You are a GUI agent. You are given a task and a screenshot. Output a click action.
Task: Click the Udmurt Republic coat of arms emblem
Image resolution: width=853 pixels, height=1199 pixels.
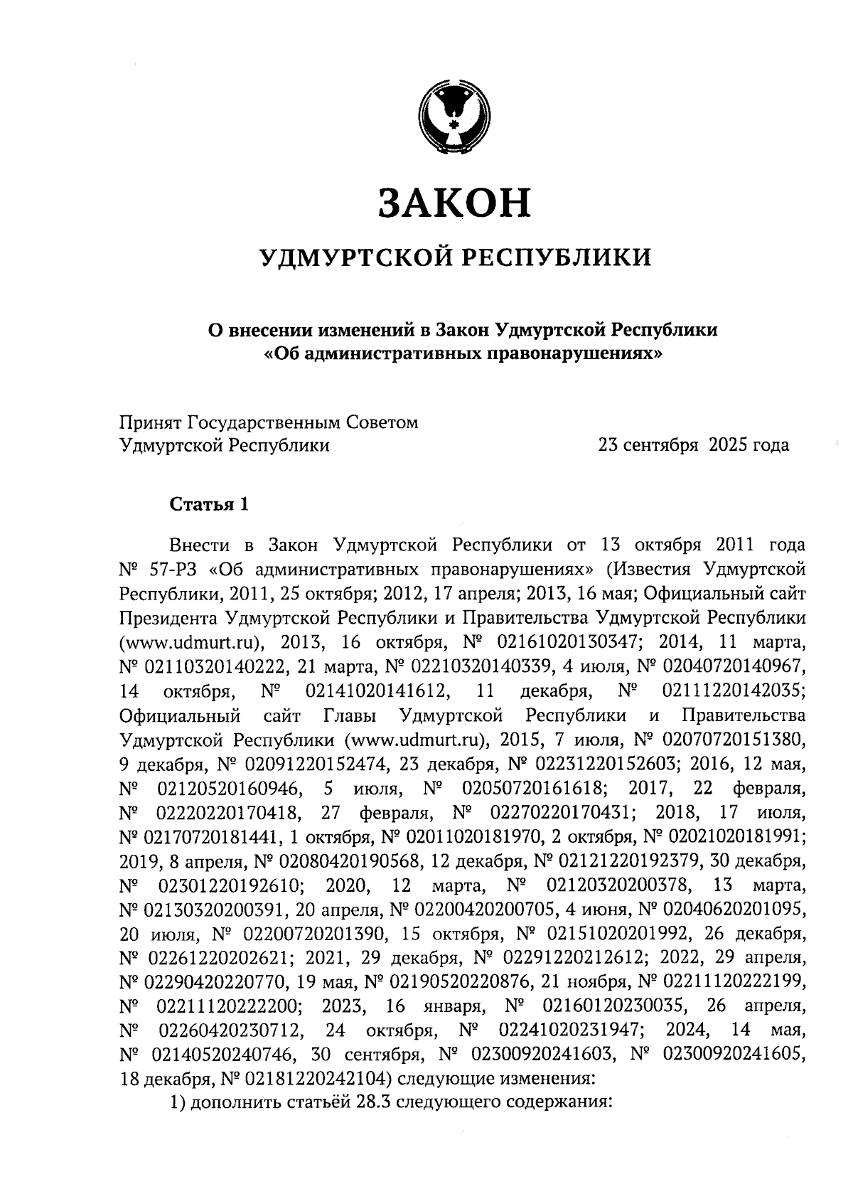(454, 117)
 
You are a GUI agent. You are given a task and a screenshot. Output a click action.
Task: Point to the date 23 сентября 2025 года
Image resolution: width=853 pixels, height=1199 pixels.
(693, 446)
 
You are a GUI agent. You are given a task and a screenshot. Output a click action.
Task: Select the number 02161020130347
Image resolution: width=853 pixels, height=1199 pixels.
(570, 643)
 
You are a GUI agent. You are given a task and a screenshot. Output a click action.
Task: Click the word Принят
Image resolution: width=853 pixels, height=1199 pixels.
(150, 422)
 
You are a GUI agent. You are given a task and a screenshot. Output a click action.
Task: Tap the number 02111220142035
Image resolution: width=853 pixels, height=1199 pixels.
(734, 691)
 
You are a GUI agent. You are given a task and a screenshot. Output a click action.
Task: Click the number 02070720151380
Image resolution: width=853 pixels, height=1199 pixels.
(736, 740)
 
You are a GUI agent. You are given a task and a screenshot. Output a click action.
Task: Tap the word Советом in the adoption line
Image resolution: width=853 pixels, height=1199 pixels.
(382, 422)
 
